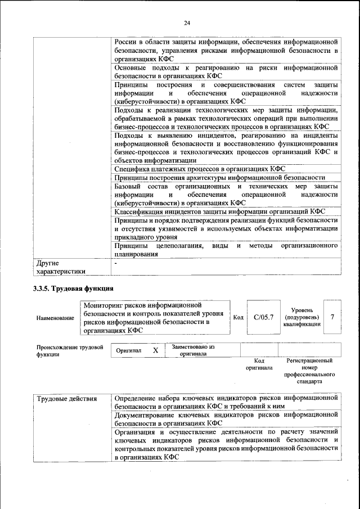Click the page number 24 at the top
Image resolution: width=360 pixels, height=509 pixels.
click(x=187, y=22)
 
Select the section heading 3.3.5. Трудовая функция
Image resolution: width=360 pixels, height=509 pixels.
click(x=74, y=289)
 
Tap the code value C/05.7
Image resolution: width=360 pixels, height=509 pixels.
click(x=263, y=317)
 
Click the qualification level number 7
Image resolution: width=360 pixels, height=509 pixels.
click(x=332, y=317)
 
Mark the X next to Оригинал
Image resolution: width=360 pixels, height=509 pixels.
click(x=155, y=350)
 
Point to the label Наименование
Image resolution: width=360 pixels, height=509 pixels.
click(x=55, y=318)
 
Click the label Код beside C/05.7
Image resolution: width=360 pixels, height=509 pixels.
click(x=238, y=318)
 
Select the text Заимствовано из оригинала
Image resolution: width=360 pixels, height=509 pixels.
click(x=194, y=350)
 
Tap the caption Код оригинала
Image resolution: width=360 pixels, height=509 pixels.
click(x=259, y=364)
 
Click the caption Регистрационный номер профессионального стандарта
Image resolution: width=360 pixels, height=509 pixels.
click(x=309, y=371)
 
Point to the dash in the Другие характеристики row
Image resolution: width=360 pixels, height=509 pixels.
click(x=116, y=263)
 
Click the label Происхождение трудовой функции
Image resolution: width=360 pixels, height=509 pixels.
click(x=69, y=351)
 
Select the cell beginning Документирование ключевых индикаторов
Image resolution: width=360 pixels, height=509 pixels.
click(x=225, y=419)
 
